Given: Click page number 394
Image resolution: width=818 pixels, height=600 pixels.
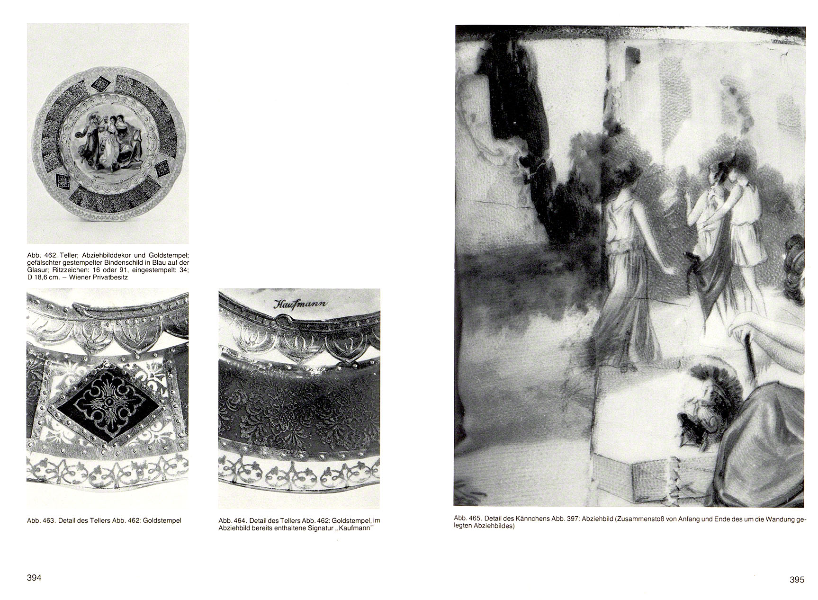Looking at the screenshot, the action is point(34,578).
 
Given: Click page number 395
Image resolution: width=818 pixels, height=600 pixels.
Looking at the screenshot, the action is point(797,580).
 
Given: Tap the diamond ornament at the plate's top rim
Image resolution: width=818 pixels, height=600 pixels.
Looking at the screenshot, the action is point(100,84).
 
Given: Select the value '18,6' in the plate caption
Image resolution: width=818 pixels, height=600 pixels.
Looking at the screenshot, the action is point(41,277).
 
